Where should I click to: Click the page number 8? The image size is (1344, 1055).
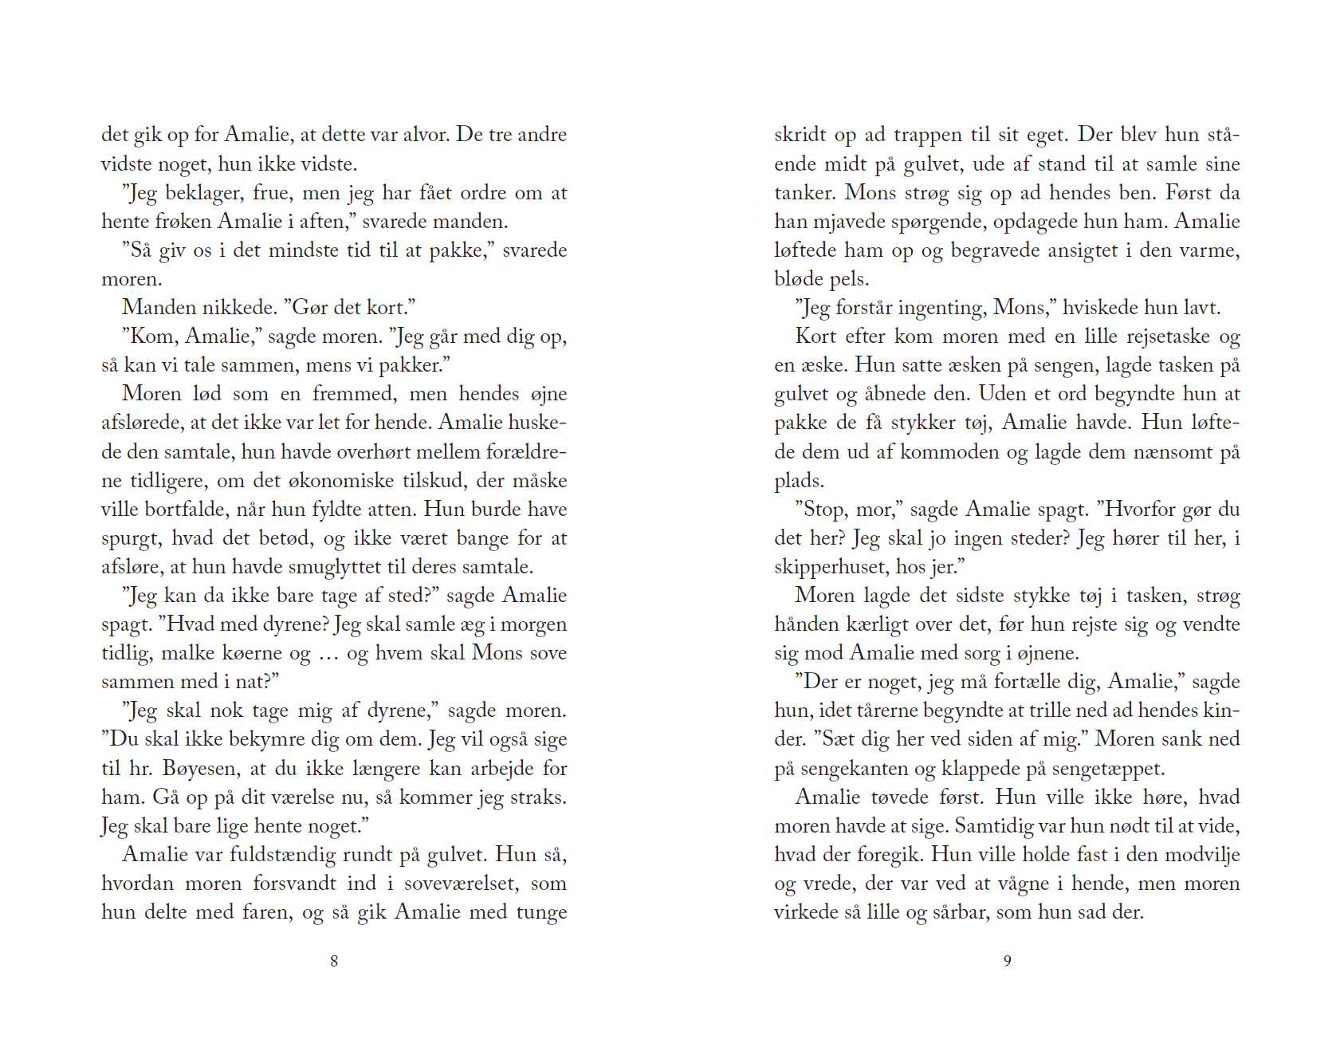[334, 961]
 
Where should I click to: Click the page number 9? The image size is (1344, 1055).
[1008, 961]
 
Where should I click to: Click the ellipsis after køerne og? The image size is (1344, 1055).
[328, 655]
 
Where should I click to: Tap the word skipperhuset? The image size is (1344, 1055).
[831, 567]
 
